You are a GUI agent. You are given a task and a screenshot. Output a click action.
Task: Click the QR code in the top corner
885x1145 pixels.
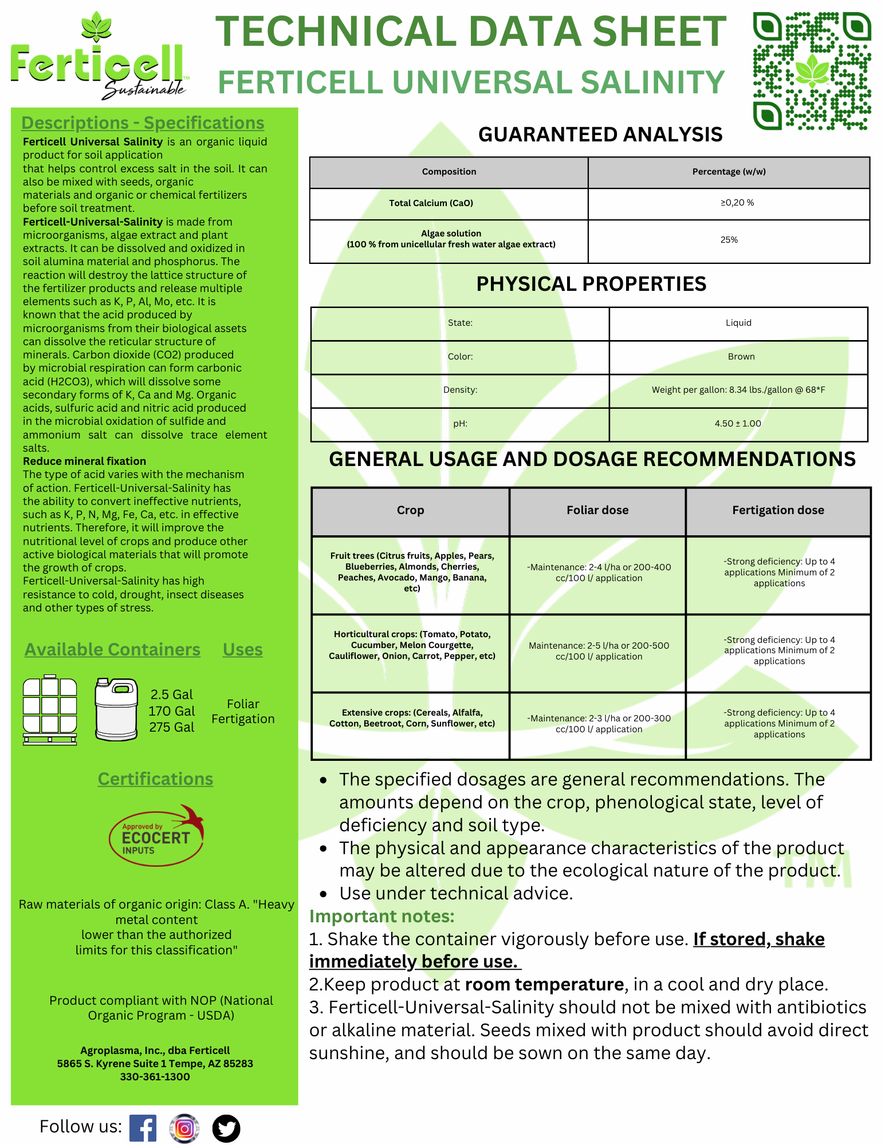812,71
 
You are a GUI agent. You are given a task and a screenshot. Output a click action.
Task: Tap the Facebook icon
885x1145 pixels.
143,1128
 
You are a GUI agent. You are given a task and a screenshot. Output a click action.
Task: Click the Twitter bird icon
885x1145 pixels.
226,1128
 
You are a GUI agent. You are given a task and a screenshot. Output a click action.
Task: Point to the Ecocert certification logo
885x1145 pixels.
156,835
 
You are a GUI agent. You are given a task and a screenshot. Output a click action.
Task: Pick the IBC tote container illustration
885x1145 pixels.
50,710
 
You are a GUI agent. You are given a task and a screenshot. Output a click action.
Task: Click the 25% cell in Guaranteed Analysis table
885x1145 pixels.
729,240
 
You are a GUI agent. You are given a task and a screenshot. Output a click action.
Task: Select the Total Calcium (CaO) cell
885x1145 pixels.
431,203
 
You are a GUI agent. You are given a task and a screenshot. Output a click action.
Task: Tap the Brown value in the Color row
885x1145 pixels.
741,357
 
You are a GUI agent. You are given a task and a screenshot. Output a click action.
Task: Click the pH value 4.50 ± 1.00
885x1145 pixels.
738,424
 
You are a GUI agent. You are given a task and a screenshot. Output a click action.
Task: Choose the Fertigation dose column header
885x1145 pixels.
778,510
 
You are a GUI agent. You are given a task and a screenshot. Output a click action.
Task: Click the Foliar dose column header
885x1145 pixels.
597,510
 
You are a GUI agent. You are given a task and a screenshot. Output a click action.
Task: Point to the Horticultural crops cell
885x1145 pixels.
412,645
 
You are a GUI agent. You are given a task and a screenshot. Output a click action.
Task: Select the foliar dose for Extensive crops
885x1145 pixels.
599,724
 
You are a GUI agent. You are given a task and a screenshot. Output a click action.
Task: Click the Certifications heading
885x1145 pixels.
155,779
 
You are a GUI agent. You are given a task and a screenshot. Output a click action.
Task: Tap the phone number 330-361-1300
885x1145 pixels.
155,1077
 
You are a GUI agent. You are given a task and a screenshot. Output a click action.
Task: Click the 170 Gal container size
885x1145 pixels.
172,711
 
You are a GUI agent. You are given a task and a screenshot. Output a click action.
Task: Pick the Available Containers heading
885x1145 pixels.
112,650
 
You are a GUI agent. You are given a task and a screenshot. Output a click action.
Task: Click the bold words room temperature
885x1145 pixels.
544,984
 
